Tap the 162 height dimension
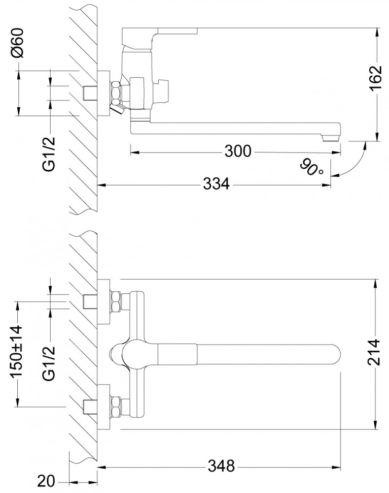point(376,78)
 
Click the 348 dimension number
point(222,465)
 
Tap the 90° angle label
point(311,166)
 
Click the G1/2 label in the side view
point(50,152)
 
